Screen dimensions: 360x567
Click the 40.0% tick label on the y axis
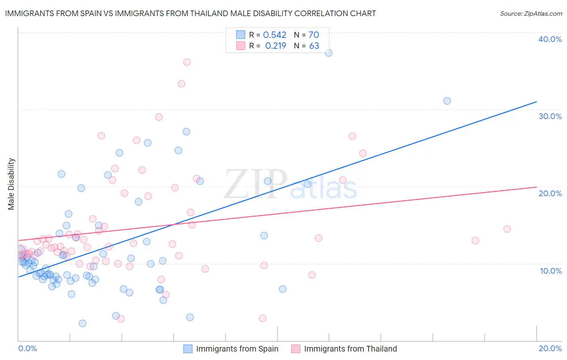(x=550, y=39)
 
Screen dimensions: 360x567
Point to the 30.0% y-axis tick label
(x=550, y=116)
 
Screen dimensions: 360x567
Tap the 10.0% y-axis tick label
(x=550, y=271)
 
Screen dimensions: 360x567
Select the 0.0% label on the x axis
(x=27, y=348)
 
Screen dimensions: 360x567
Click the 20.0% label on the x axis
(x=550, y=348)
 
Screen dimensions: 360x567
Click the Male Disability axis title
(x=11, y=184)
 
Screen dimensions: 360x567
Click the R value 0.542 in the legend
(x=275, y=35)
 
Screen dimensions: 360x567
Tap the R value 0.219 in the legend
(x=275, y=46)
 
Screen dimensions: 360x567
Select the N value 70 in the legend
(x=314, y=35)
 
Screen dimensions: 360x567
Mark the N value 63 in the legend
(x=314, y=46)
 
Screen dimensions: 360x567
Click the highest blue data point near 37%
(x=329, y=53)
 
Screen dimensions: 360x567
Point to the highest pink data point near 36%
(x=187, y=62)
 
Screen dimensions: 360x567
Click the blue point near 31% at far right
(x=447, y=101)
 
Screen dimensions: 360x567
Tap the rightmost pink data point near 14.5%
(x=507, y=229)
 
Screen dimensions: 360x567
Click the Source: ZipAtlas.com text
(x=531, y=14)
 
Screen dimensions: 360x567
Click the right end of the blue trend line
(x=536, y=102)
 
